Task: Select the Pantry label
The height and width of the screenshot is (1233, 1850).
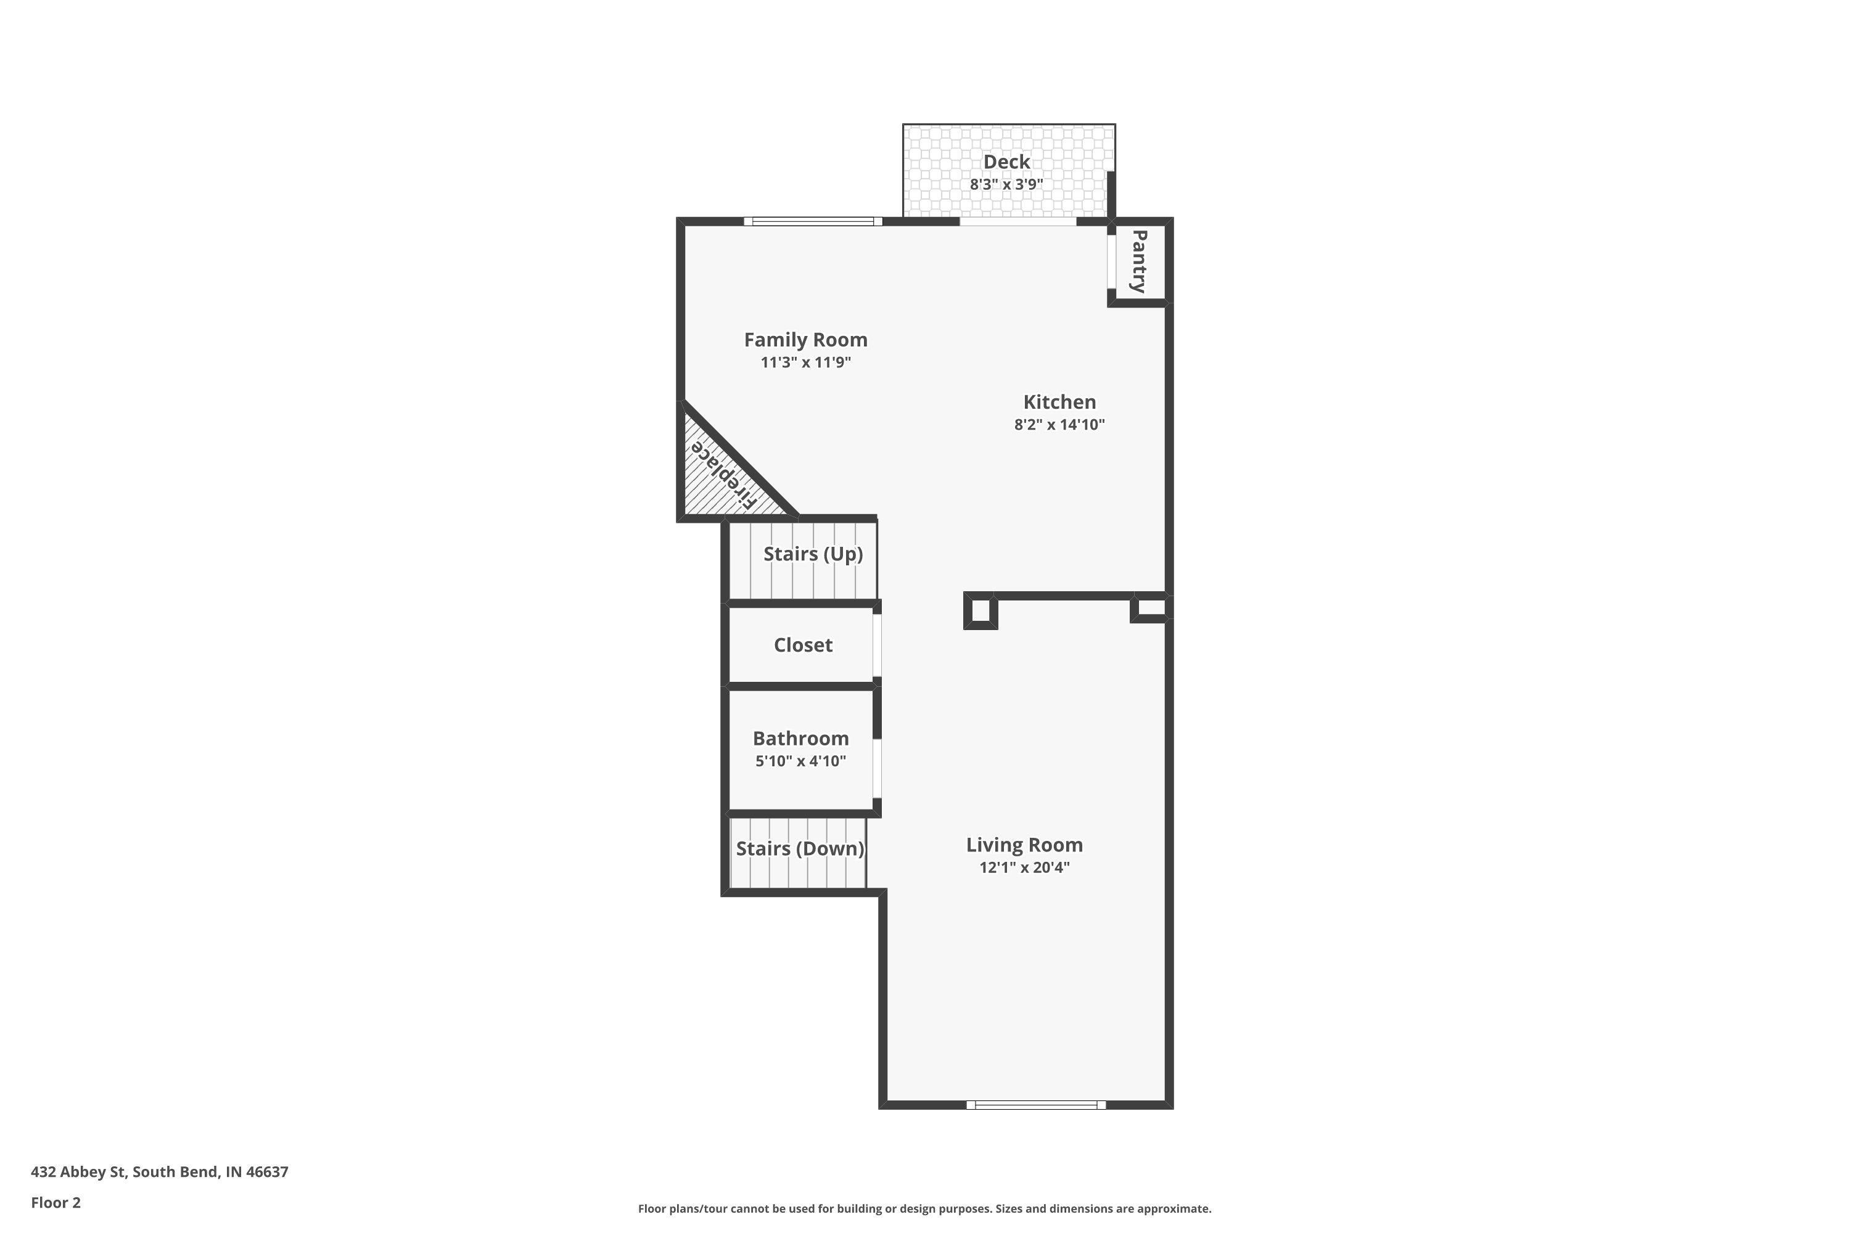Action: [x=1138, y=261]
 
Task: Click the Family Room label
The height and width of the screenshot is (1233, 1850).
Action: [x=805, y=340]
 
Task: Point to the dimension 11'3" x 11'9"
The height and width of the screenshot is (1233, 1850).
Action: [x=805, y=363]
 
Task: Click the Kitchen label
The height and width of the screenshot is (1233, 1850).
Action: [x=1059, y=402]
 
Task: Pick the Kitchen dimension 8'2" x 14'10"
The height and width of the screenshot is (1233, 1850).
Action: [x=1059, y=425]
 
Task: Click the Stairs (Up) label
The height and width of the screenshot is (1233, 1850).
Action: [x=813, y=554]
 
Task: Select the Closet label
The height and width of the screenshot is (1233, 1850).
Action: [x=803, y=645]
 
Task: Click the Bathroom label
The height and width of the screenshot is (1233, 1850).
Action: [x=800, y=739]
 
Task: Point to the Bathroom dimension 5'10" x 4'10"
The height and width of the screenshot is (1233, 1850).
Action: [x=800, y=761]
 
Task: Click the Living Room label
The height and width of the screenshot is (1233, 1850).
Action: [x=1024, y=845]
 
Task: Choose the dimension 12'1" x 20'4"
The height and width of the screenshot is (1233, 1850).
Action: [x=1024, y=868]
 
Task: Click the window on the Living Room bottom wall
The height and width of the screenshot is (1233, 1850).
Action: [x=1036, y=1105]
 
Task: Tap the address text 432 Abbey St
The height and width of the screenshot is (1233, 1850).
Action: [x=79, y=1173]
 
